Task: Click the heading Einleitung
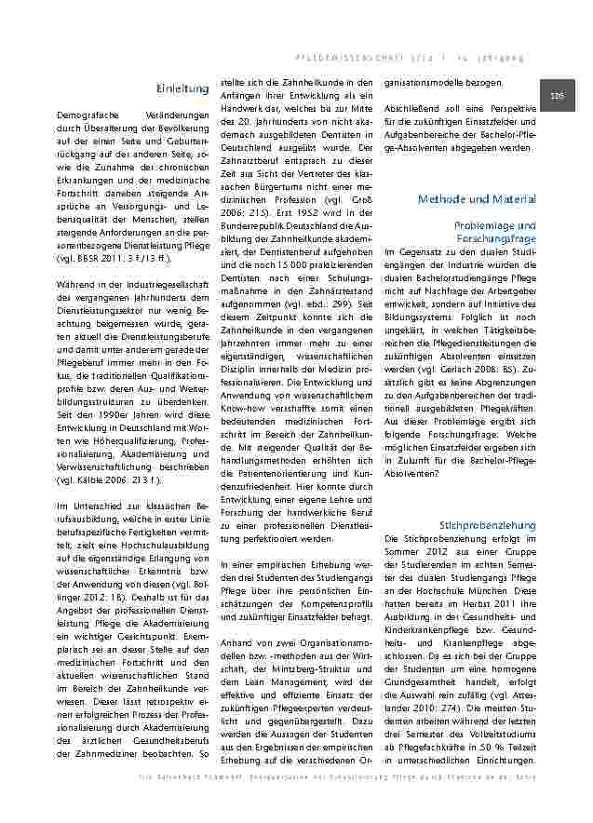click(x=182, y=88)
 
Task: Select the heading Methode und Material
click(x=477, y=199)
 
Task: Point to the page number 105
click(x=558, y=96)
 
